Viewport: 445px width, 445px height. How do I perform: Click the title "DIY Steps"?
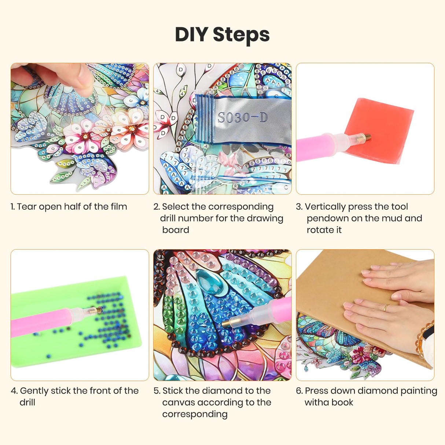(222, 34)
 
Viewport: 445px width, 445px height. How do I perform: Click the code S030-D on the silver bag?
(242, 118)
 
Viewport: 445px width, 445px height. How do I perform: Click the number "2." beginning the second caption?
(157, 207)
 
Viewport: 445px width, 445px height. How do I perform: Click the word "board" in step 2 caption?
(176, 230)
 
